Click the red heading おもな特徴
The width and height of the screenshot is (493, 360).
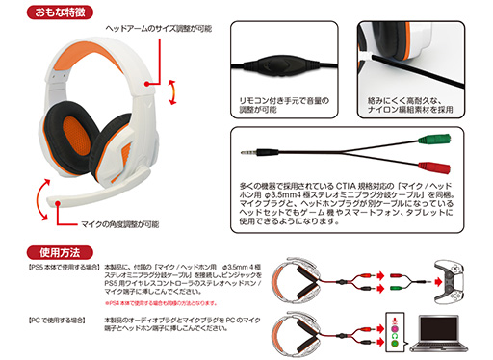click(38, 12)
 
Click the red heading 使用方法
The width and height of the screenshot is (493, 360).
click(34, 249)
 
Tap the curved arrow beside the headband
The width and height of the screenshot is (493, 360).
click(171, 93)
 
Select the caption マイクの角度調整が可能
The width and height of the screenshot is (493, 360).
click(105, 223)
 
